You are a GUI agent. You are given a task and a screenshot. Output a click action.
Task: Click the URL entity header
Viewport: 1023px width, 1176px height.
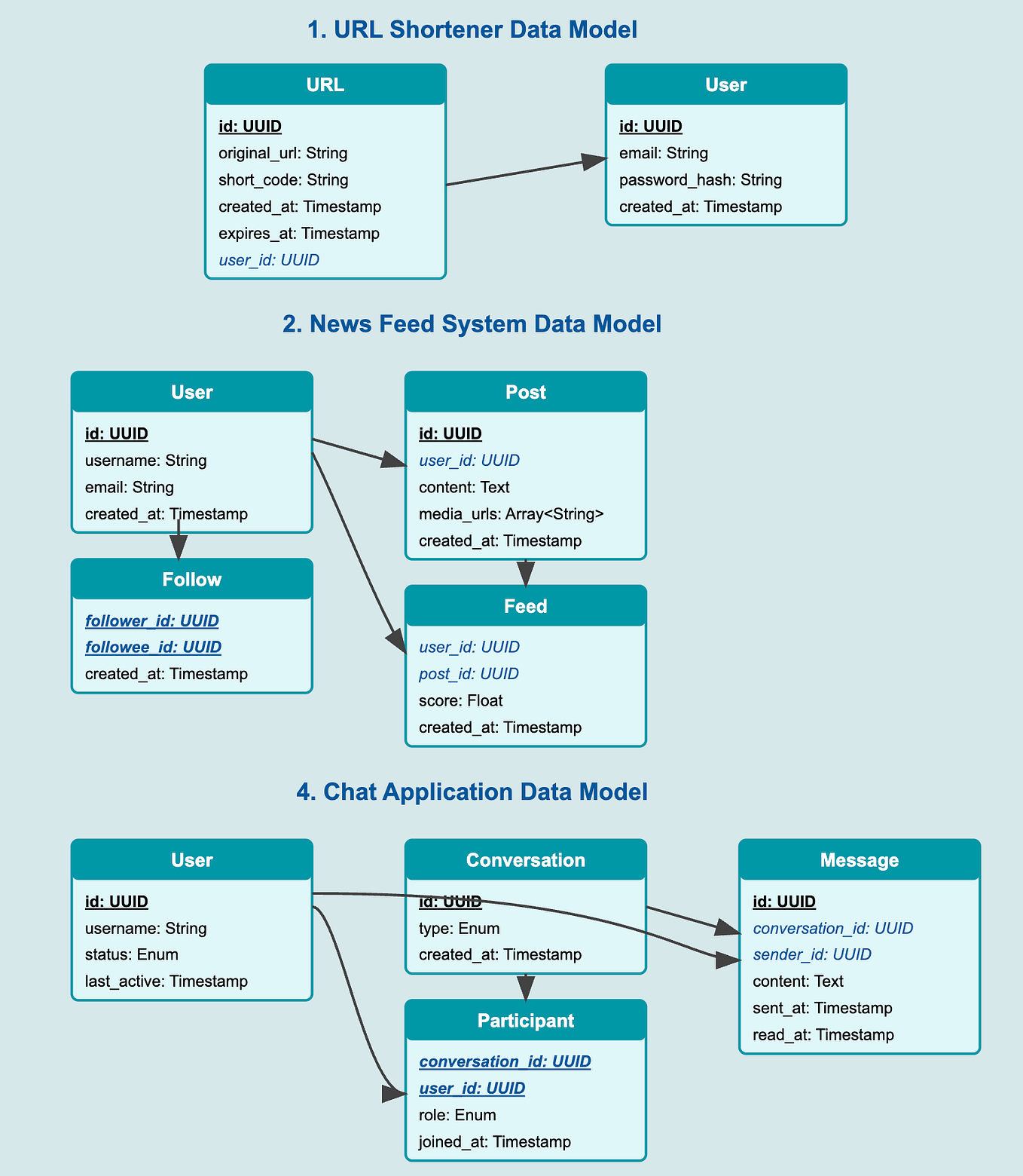tap(325, 84)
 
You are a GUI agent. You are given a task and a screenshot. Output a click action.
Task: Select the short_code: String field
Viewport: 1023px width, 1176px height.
tap(283, 179)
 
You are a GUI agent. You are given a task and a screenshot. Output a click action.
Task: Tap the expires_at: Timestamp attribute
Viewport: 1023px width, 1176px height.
tap(299, 233)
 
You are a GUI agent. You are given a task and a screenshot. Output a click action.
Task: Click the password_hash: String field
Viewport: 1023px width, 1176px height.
tap(701, 179)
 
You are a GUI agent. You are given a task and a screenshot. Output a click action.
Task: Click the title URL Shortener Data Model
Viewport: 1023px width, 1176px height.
tap(472, 29)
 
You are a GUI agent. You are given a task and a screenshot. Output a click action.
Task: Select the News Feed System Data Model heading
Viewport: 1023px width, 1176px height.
tap(472, 323)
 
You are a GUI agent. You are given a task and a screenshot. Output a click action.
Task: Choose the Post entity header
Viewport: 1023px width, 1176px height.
tap(526, 392)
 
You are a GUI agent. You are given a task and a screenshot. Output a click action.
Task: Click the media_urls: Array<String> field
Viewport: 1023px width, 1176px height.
tap(511, 513)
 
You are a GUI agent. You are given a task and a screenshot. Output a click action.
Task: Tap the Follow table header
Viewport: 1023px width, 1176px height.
tap(192, 579)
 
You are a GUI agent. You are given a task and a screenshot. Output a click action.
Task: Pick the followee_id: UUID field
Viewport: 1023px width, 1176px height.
tap(154, 647)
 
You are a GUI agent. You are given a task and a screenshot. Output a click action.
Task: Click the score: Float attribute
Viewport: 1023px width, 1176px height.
tap(461, 700)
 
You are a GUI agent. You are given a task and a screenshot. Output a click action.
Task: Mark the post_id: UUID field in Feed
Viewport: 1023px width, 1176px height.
tap(469, 673)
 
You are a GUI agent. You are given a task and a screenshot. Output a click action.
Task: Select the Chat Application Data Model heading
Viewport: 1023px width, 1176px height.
tap(472, 792)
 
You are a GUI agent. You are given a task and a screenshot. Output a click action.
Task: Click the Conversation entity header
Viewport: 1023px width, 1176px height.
tap(526, 860)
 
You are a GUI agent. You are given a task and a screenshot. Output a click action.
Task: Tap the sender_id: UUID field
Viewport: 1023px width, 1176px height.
tap(812, 954)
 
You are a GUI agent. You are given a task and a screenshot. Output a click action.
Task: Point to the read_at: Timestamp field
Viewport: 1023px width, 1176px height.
tap(823, 1034)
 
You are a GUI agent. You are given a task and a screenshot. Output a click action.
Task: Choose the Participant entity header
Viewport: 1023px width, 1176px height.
tap(526, 1021)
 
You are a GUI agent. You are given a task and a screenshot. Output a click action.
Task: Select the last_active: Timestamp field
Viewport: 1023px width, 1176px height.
tap(166, 981)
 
